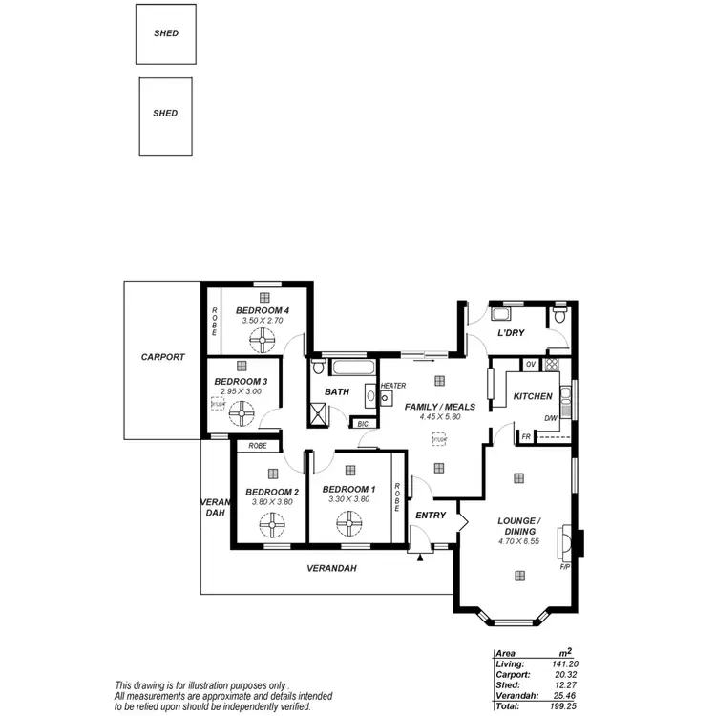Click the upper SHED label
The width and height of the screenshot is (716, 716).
point(166,33)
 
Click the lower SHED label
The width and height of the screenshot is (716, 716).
point(166,114)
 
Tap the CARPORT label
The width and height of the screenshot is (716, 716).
point(162,357)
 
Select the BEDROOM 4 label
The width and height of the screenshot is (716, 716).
point(263,311)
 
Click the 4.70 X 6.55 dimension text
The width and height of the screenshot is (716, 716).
point(519,541)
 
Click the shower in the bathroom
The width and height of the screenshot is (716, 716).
point(317,413)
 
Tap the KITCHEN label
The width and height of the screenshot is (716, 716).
point(533,396)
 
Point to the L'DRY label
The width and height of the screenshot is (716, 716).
point(512,333)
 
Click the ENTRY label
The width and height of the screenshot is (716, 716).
point(431,516)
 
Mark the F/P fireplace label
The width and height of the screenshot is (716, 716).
point(564,567)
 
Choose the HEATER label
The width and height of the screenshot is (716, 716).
point(393,386)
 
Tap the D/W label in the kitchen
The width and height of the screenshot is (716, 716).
point(551,418)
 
